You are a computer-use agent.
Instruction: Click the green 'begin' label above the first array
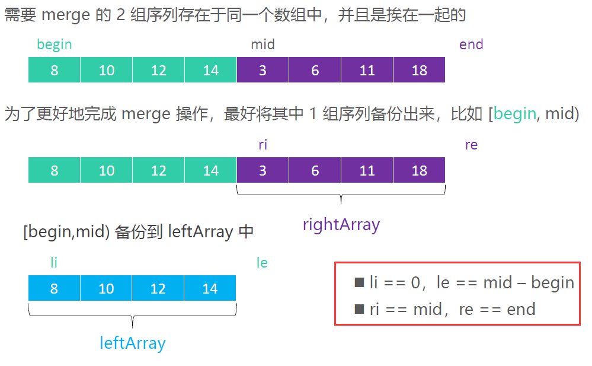point(55,44)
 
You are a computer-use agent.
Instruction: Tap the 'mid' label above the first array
point(263,44)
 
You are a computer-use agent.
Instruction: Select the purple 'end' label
point(471,44)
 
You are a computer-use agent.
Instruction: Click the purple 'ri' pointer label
point(263,145)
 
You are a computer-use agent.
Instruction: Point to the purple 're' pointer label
point(471,145)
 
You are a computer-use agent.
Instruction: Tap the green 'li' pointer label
point(55,262)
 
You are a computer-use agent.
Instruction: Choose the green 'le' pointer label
point(262,262)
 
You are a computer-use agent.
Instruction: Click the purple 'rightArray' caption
point(341,224)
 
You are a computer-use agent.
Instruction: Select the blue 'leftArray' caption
point(132,343)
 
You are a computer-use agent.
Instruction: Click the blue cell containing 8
point(55,288)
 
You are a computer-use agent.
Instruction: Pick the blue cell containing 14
point(210,288)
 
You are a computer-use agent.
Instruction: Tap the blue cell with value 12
point(158,288)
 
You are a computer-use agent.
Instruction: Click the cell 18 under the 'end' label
point(419,70)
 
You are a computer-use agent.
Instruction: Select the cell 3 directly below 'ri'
point(263,170)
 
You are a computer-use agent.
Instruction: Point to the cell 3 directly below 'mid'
point(263,70)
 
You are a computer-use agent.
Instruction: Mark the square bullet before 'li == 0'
point(359,283)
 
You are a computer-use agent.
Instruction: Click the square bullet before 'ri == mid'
point(359,309)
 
